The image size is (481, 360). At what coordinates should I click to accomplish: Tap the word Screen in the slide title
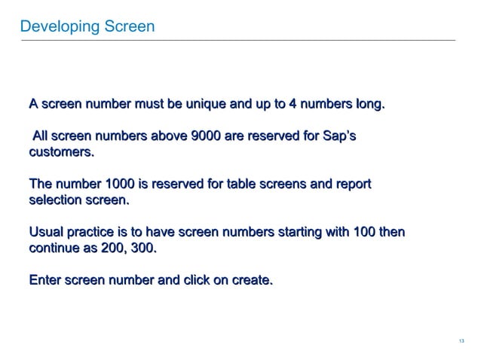point(129,27)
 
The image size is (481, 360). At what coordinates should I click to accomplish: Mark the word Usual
point(46,233)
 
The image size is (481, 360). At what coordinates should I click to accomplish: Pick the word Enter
point(45,281)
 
